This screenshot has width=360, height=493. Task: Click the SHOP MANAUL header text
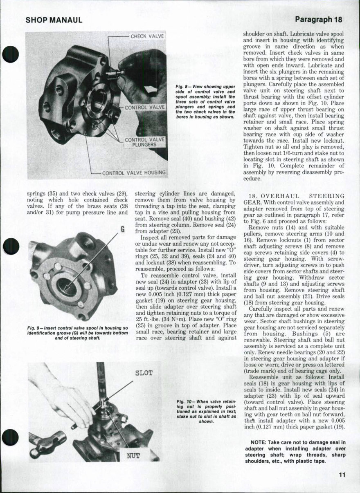tap(54, 20)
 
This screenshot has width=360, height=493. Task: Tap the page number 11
tap(342, 475)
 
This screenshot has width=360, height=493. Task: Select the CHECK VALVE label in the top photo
tap(147, 36)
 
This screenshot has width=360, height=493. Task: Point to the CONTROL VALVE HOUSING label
tap(134, 173)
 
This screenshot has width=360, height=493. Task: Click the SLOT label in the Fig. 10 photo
tap(143, 373)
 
